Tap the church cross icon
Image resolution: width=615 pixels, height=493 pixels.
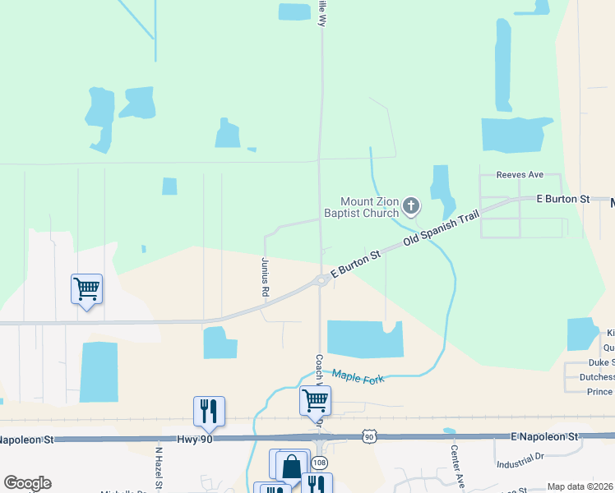(410, 205)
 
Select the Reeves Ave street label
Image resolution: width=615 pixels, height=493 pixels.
(520, 175)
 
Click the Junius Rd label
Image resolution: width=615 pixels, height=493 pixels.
(266, 277)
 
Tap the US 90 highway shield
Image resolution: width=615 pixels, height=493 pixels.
(370, 437)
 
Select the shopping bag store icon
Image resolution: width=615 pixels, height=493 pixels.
(292, 466)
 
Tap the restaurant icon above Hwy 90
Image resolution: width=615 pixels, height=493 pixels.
(209, 410)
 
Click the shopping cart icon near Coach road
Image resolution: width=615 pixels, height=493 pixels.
(316, 400)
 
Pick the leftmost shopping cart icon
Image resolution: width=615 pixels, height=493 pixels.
(86, 288)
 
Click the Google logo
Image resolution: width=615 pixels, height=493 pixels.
(27, 483)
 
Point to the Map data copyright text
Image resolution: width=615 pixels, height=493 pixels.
(580, 486)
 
